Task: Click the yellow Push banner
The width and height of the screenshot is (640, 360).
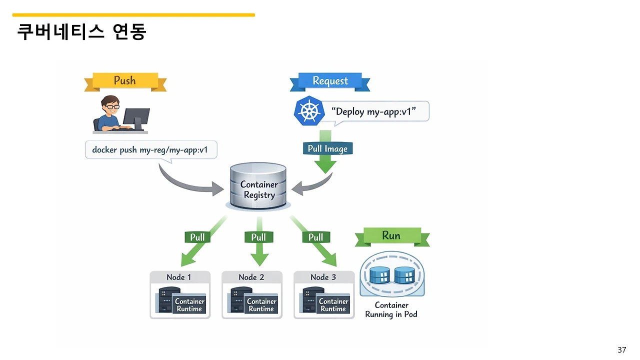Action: [x=125, y=81]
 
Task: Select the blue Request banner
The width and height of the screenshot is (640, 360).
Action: [x=330, y=81]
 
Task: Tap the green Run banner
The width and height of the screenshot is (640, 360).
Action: [x=391, y=235]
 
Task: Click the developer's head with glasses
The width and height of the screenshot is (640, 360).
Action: [x=110, y=105]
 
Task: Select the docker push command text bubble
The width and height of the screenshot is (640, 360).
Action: [x=151, y=149]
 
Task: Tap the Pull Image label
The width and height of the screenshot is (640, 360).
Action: [x=327, y=148]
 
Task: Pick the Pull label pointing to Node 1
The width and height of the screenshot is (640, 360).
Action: [x=197, y=237]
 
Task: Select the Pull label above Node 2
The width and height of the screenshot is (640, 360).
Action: [x=258, y=237]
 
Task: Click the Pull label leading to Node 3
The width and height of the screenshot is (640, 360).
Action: [x=315, y=237]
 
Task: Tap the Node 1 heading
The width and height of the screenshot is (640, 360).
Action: [x=179, y=277]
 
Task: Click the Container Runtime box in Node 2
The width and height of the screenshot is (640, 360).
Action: [x=261, y=305]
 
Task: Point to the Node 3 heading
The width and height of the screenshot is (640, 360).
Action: [x=323, y=277]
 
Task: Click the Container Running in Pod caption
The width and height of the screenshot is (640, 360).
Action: [x=391, y=310]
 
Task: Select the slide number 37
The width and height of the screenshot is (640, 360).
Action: [x=621, y=349]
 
